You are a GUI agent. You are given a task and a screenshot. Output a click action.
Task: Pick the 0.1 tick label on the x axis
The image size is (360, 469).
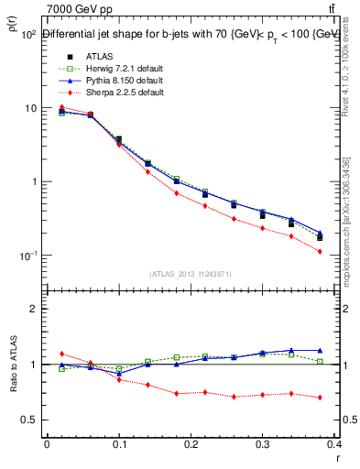[119, 445]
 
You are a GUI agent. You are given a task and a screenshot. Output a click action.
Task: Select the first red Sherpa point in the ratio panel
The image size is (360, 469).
[61, 354]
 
